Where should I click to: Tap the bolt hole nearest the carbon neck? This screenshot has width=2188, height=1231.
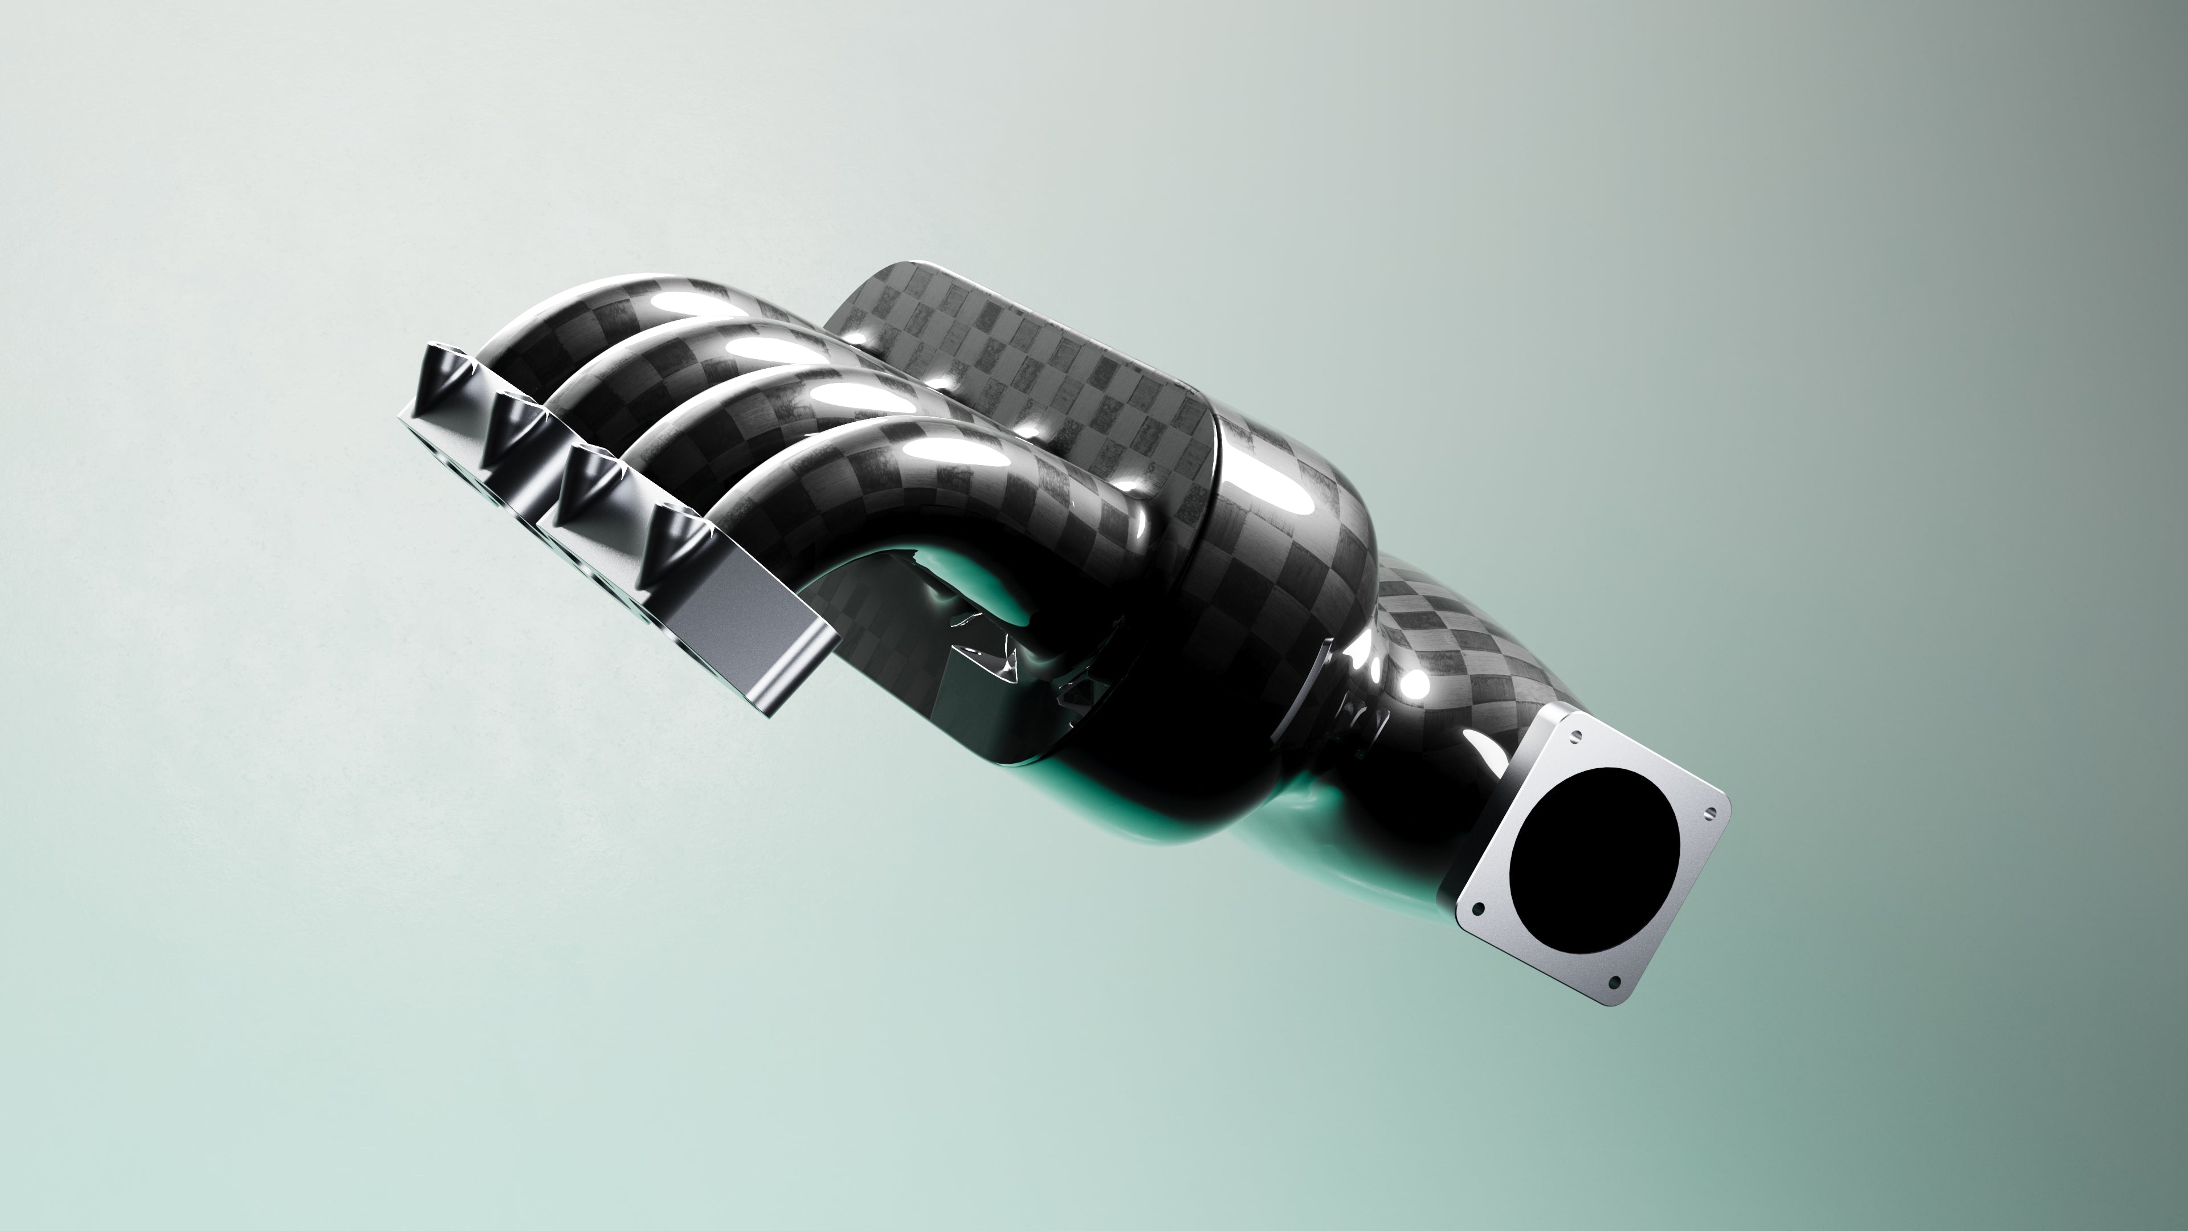click(x=1577, y=736)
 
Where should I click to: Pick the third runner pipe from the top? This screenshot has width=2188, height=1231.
click(x=765, y=416)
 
